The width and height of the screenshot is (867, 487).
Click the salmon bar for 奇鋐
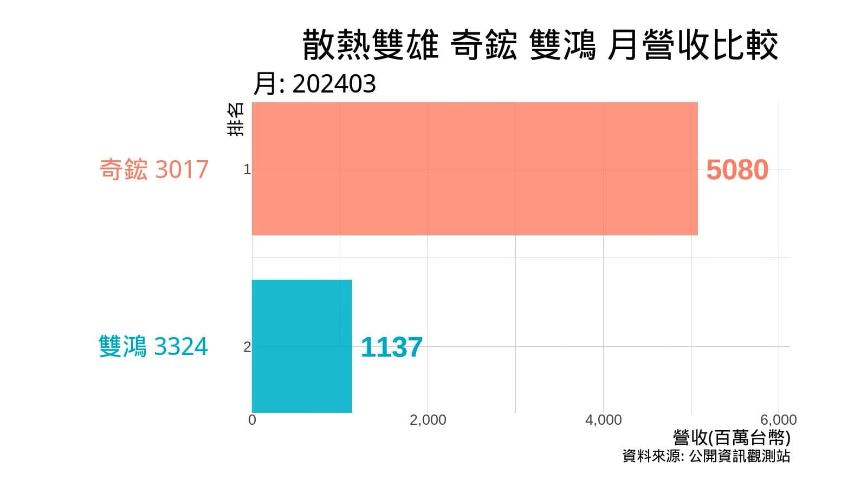pyautogui.click(x=475, y=169)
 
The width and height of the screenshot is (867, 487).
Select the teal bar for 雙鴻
pyautogui.click(x=302, y=346)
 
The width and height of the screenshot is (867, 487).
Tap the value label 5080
pyautogui.click(x=737, y=170)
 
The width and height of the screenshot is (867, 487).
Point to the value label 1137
pyautogui.click(x=391, y=347)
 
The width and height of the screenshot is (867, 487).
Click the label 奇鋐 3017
pyautogui.click(x=154, y=169)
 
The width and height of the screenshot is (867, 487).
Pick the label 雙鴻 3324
pyautogui.click(x=153, y=347)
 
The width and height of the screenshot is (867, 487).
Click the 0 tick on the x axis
pyautogui.click(x=252, y=420)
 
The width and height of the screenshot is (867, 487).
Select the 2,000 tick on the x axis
pyautogui.click(x=428, y=420)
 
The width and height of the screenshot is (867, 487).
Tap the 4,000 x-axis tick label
pyautogui.click(x=603, y=420)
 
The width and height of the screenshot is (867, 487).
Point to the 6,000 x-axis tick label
pyautogui.click(x=778, y=420)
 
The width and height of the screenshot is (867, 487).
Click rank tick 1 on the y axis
pyautogui.click(x=247, y=170)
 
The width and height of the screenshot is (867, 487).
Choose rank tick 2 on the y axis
pyautogui.click(x=247, y=347)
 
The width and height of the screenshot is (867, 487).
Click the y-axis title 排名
pyautogui.click(x=236, y=119)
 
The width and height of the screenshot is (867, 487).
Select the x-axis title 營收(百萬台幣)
pyautogui.click(x=732, y=438)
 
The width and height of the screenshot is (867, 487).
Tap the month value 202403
pyautogui.click(x=334, y=84)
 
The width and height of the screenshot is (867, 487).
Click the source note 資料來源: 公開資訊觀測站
pyautogui.click(x=706, y=456)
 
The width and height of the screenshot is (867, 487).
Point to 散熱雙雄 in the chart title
pyautogui.click(x=370, y=45)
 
